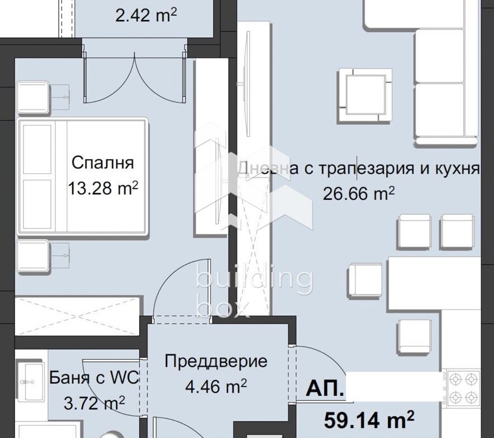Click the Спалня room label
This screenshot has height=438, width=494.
click(x=103, y=163)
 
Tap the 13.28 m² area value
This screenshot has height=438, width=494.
click(x=103, y=187)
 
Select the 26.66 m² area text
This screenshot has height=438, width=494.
click(x=359, y=193)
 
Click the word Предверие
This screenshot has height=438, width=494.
click(x=216, y=361)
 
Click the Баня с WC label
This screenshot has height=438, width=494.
click(x=93, y=378)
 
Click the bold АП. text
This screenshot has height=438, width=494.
click(x=325, y=389)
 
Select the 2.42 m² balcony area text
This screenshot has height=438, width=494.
click(x=146, y=15)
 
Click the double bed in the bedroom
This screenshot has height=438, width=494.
click(x=83, y=175)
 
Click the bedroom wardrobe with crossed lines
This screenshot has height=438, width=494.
click(x=77, y=316)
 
